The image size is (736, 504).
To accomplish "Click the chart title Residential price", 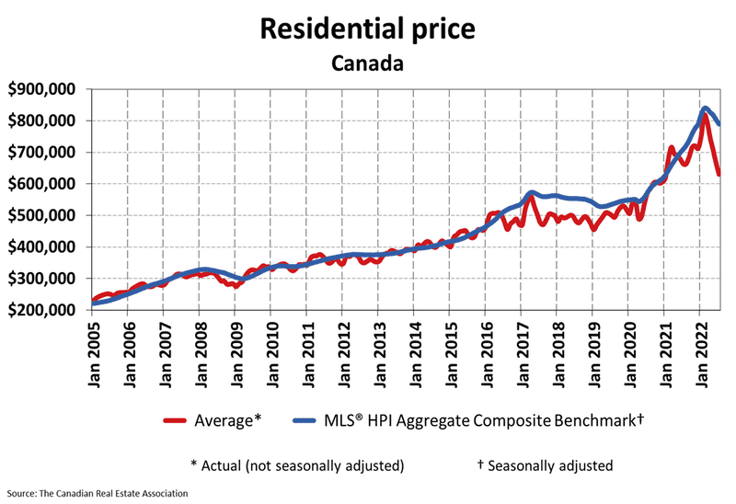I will click(x=368, y=28).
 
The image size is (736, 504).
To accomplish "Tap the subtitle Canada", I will click(x=368, y=64).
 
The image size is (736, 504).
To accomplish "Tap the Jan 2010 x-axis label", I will click(x=270, y=353).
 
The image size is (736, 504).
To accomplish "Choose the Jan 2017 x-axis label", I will click(x=521, y=353).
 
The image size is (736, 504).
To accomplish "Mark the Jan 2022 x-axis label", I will click(x=699, y=353).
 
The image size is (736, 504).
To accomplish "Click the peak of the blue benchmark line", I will click(x=705, y=109).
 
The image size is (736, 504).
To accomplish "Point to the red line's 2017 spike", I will click(x=531, y=196).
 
